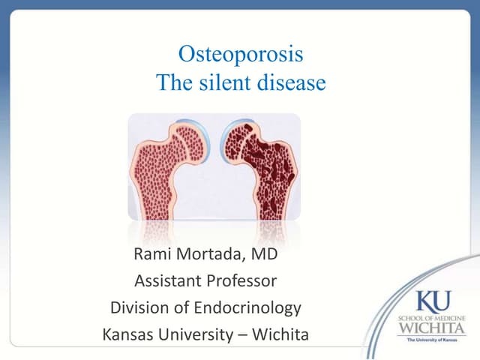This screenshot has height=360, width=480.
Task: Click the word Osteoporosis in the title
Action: click(x=241, y=55)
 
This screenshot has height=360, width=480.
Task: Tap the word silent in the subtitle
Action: click(x=229, y=82)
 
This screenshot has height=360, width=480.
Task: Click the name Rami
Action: click(x=154, y=255)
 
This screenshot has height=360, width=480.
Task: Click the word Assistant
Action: click(x=167, y=282)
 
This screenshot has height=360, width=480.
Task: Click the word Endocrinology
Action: click(x=246, y=307)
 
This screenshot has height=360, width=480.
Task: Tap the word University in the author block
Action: click(x=200, y=334)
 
